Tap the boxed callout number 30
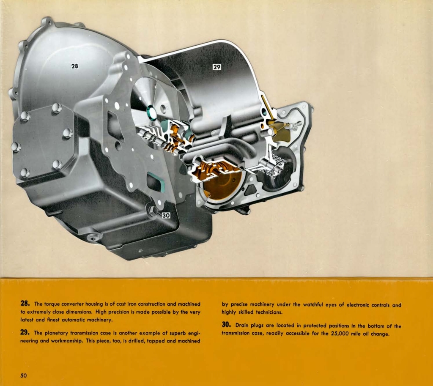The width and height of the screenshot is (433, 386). click(166, 215)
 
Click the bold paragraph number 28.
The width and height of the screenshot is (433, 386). click(25, 304)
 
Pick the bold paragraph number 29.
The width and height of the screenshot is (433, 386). click(25, 332)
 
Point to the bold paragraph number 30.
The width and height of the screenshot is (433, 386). click(226, 326)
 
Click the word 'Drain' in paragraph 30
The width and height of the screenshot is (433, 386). click(242, 326)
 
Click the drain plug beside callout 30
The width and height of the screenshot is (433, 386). click(152, 210)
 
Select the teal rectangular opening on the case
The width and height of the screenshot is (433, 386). click(156, 182)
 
